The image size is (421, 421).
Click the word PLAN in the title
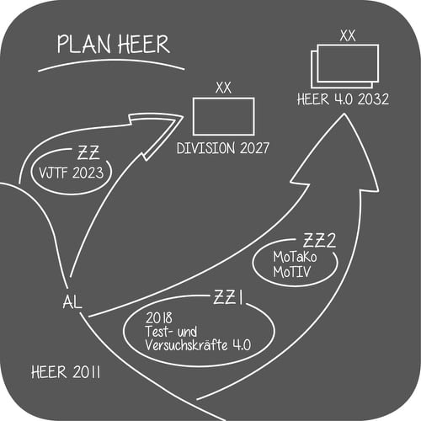(x=83, y=45)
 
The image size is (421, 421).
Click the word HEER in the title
(x=144, y=45)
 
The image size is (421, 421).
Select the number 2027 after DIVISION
(x=254, y=148)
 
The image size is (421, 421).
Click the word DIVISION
(x=205, y=148)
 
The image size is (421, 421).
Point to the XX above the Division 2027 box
(x=223, y=88)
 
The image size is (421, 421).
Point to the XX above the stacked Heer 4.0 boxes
(x=348, y=36)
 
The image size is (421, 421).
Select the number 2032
(x=373, y=99)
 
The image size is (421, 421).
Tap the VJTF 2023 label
(x=72, y=173)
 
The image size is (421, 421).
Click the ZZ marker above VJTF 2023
(x=88, y=153)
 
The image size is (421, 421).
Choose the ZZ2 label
(x=319, y=241)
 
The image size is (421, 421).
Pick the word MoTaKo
(x=295, y=257)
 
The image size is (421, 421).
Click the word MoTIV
(x=292, y=272)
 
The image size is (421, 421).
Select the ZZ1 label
(x=228, y=297)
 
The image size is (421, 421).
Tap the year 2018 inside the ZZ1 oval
(x=159, y=318)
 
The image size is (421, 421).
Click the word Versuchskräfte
(x=186, y=344)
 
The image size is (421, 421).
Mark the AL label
(x=72, y=302)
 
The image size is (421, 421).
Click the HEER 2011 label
(x=66, y=372)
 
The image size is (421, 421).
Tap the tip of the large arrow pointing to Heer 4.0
(x=344, y=114)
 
